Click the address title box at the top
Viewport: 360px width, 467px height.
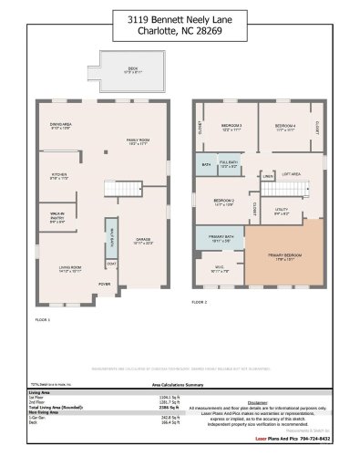180,26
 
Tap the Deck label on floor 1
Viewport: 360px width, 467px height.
131,69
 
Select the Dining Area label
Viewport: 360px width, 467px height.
60,127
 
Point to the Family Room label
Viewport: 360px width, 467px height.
139,140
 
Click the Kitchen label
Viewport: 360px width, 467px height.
59,176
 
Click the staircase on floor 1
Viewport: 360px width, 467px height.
121,189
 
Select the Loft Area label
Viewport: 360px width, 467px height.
291,174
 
